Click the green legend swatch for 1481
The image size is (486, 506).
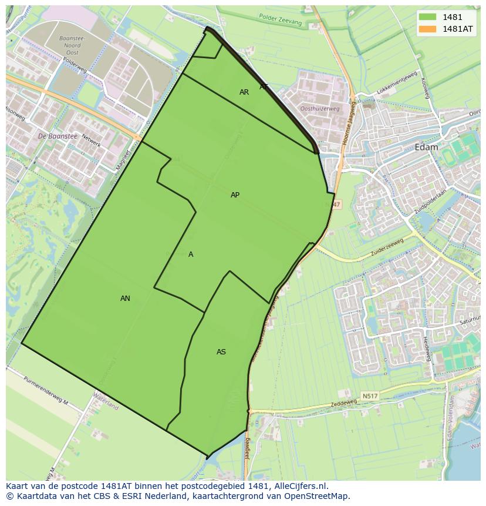[x=427, y=17]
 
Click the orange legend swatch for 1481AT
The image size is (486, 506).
[x=427, y=28]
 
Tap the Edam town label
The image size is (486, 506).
[x=426, y=148]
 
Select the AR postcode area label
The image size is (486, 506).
[x=244, y=92]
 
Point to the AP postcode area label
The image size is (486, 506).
[x=235, y=195]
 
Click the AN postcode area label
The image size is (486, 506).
[x=125, y=299]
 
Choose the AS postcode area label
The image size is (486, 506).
[x=221, y=352]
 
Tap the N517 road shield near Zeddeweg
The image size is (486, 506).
[x=370, y=396]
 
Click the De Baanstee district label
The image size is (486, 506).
[x=58, y=136]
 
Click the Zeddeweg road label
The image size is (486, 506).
[x=343, y=404]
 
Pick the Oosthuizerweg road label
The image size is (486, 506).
[x=319, y=109]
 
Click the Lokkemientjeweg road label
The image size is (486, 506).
[x=397, y=82]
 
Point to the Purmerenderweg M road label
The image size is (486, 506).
[x=46, y=390]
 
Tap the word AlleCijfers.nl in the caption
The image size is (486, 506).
[x=299, y=486]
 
